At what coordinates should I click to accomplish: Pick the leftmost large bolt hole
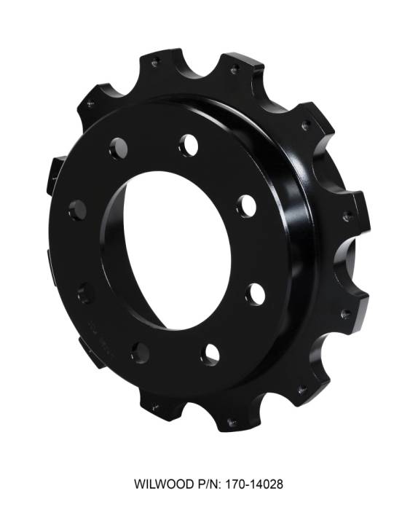(x=77, y=210)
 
